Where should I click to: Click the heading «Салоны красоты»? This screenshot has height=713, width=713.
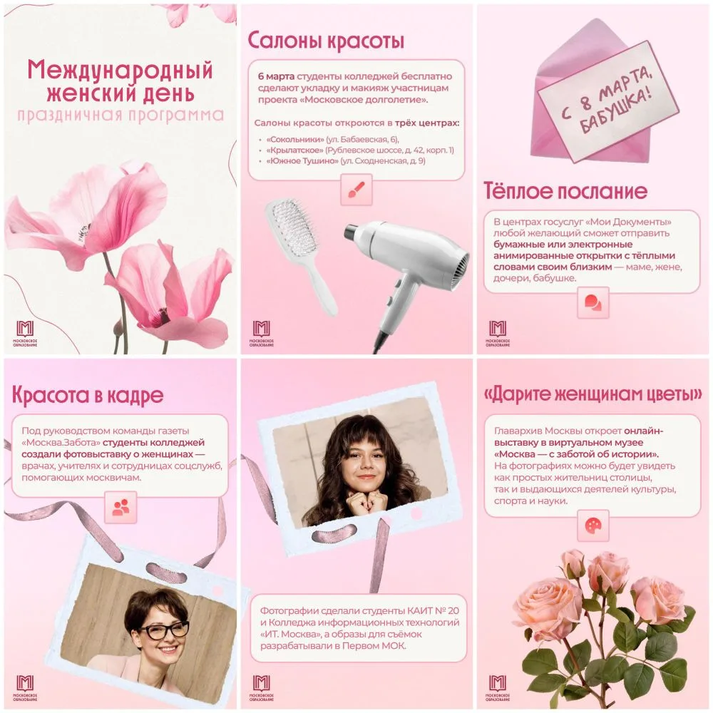pyautogui.click(x=326, y=41)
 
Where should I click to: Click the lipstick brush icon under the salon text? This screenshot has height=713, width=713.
pyautogui.click(x=356, y=190)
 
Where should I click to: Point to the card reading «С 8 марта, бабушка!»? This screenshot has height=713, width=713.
pyautogui.click(x=608, y=101)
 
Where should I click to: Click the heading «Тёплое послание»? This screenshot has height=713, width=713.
pyautogui.click(x=565, y=191)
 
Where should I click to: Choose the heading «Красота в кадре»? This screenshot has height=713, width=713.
pyautogui.click(x=87, y=395)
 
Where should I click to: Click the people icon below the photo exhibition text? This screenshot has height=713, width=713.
pyautogui.click(x=120, y=507)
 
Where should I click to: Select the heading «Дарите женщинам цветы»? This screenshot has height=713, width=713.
pyautogui.click(x=593, y=394)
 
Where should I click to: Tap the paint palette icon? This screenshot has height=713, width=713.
pyautogui.click(x=593, y=525)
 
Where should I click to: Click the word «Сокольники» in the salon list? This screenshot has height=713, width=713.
pyautogui.click(x=295, y=139)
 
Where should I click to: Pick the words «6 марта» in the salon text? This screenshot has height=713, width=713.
pyautogui.click(x=276, y=76)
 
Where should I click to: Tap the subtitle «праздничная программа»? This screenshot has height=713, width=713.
pyautogui.click(x=120, y=115)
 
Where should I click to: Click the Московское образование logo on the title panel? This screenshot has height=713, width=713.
pyautogui.click(x=25, y=333)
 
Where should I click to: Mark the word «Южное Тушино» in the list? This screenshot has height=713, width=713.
pyautogui.click(x=302, y=161)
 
